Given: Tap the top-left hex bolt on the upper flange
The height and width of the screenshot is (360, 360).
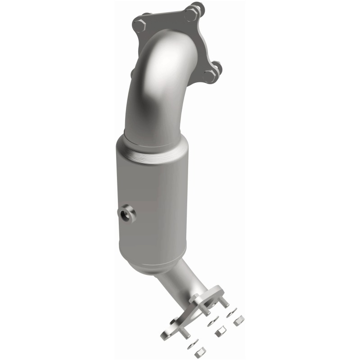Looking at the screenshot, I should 139,25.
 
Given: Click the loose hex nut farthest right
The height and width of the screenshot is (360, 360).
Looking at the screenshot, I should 239,320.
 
